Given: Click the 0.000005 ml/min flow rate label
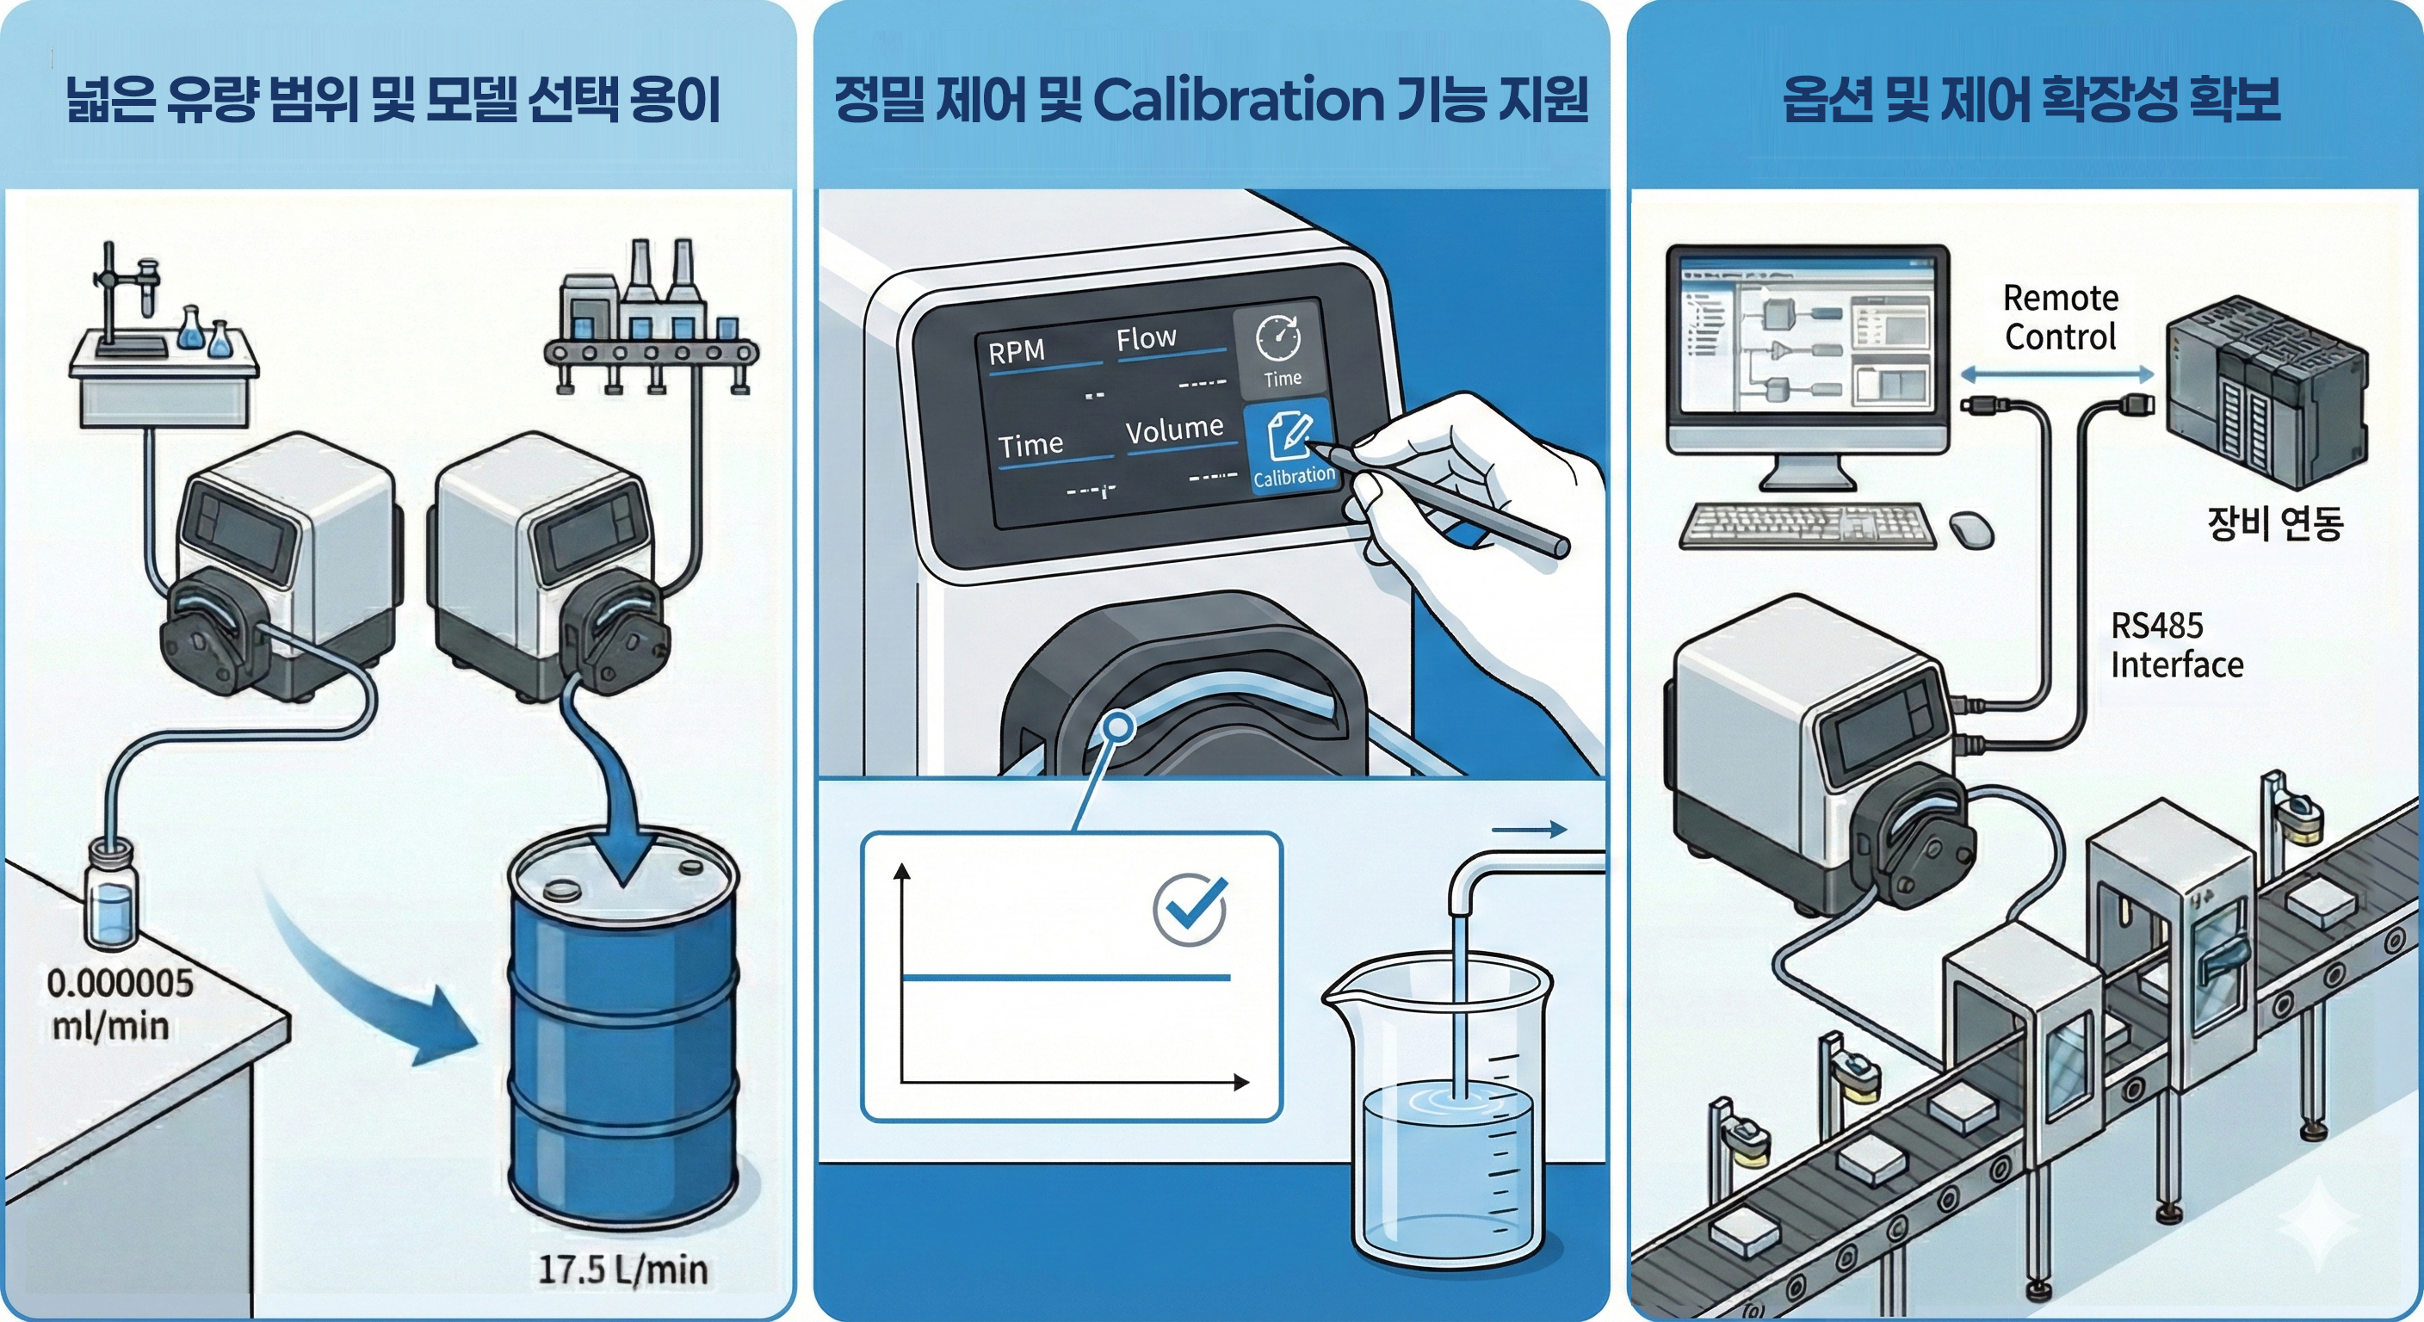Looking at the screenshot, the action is [121, 1004].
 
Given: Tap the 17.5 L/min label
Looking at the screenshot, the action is [622, 1269].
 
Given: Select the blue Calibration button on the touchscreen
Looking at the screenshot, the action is [1292, 446].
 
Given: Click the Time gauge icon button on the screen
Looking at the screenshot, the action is [1281, 349].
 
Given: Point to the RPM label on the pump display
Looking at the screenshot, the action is [1017, 351].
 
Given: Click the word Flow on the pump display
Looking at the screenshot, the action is [1146, 337].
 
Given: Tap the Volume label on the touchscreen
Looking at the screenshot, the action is [1174, 429].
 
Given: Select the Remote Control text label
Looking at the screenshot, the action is [2061, 317].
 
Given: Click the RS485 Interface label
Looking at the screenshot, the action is [2176, 646].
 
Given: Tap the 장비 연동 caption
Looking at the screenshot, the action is [2274, 523].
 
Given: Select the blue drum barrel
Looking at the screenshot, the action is [622, 1031].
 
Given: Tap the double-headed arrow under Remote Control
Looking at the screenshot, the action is [2058, 374].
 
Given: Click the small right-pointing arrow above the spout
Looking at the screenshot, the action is [1529, 829].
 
